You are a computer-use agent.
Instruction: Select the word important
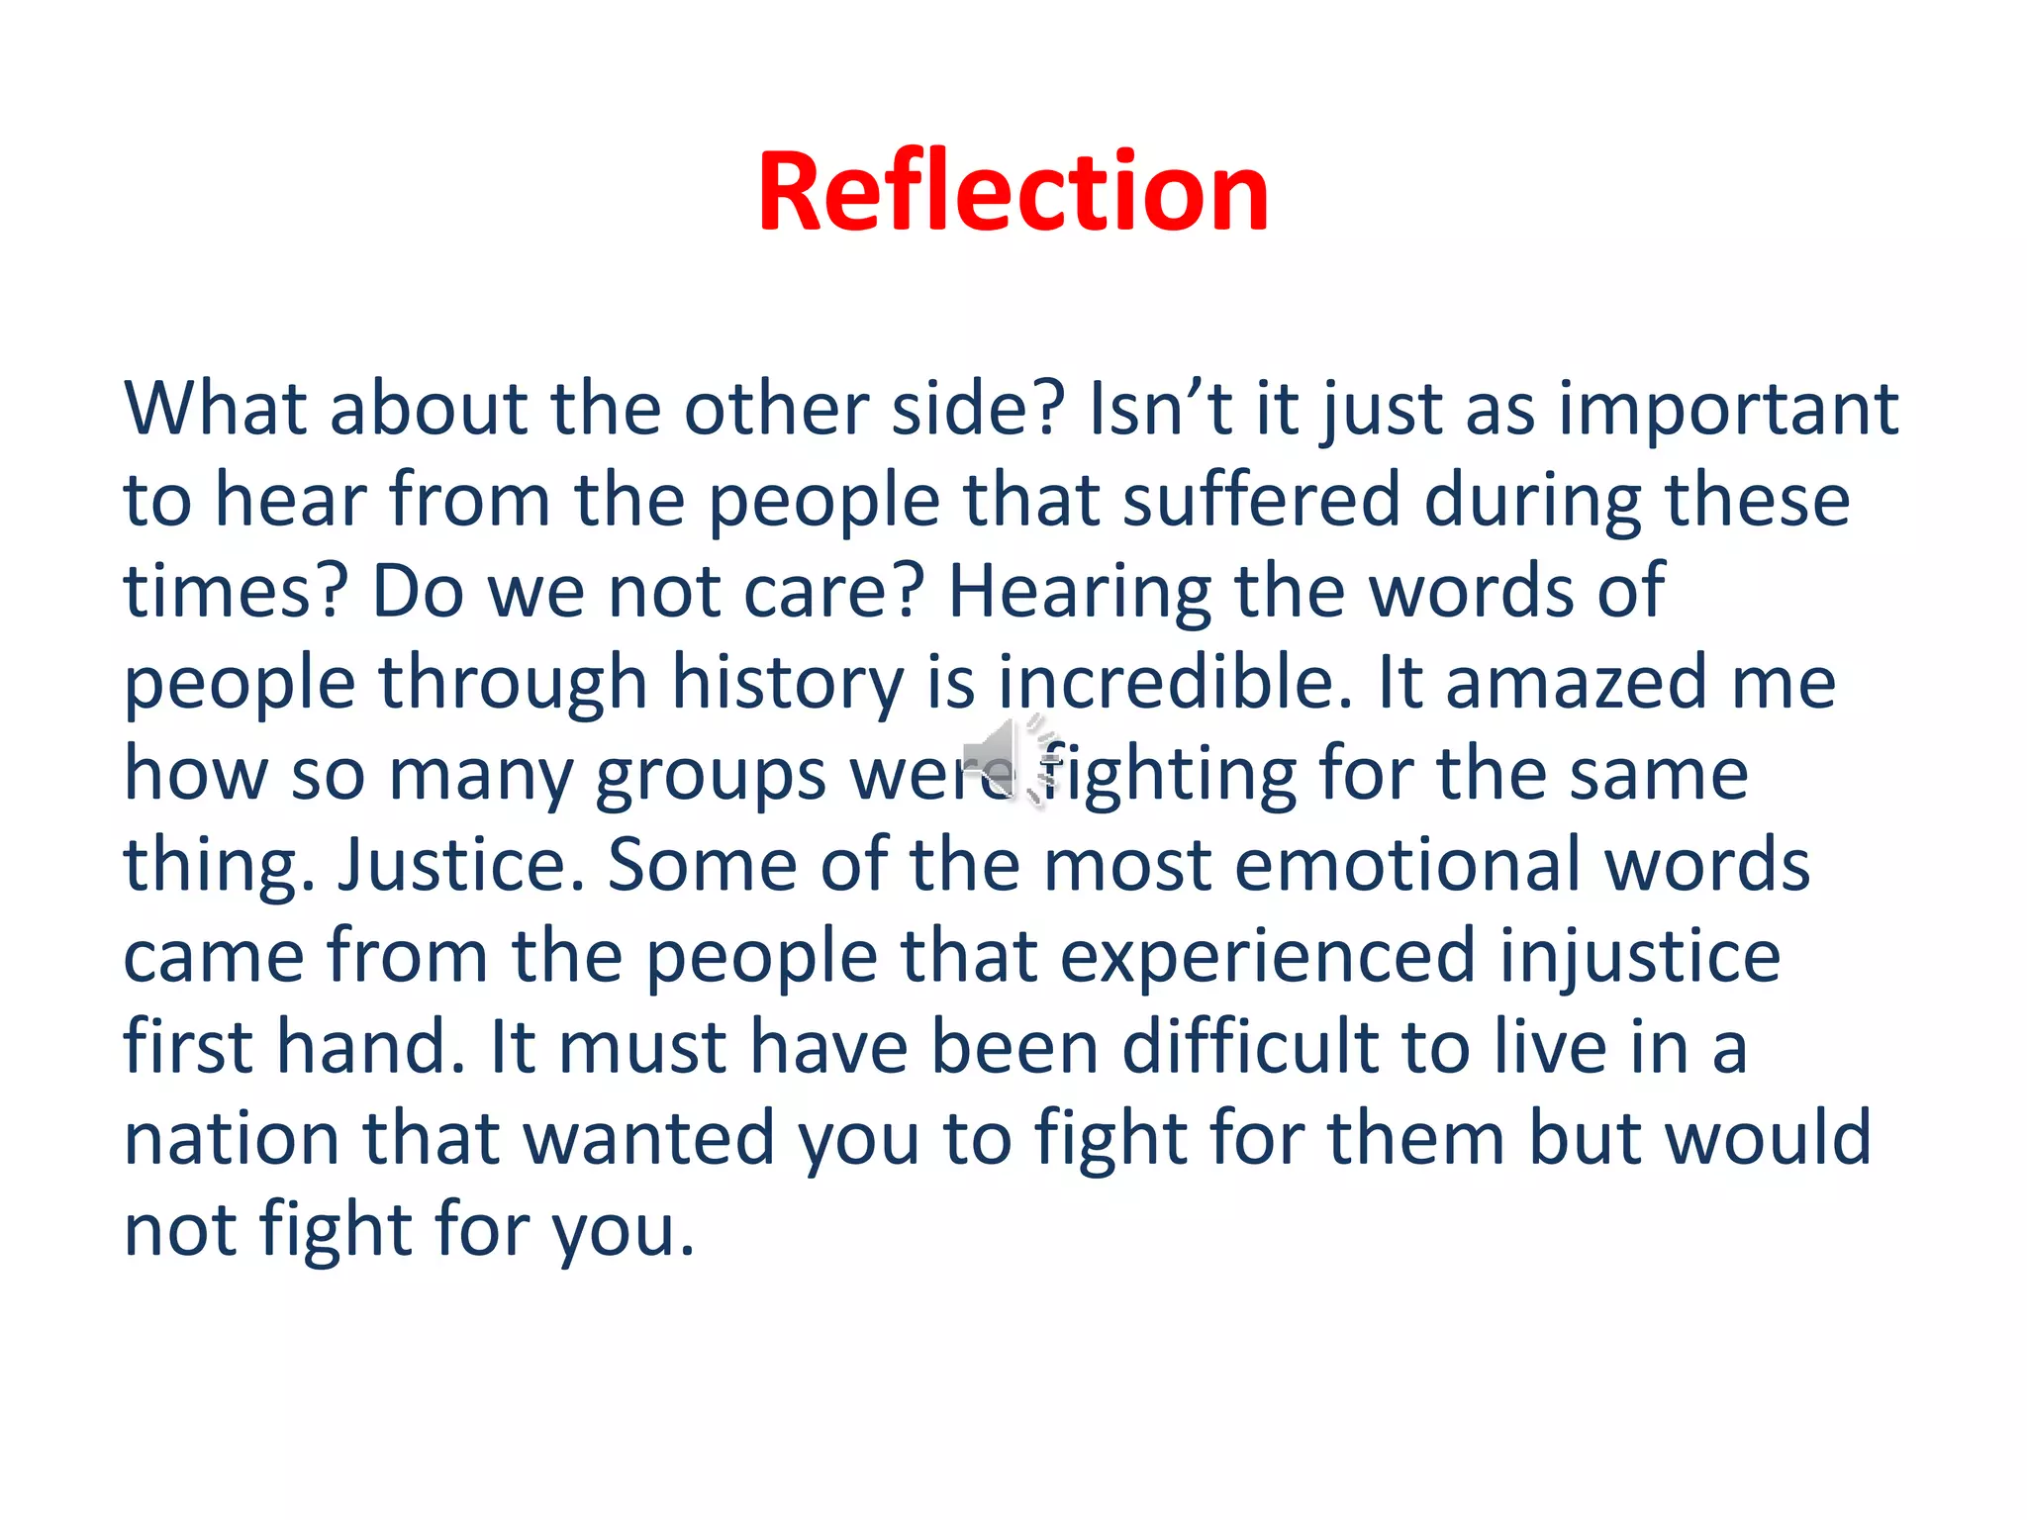pos(1728,409)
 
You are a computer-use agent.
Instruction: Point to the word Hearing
pos(1078,592)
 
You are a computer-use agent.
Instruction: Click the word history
pos(787,683)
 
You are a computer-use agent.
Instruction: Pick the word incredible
pos(1174,683)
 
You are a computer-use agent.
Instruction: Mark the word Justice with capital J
pos(460,865)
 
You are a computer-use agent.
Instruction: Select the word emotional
pos(1406,865)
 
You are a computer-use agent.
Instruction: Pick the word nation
pos(231,1138)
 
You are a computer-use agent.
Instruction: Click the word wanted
pos(648,1138)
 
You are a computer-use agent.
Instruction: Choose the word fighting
pos(1168,775)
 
